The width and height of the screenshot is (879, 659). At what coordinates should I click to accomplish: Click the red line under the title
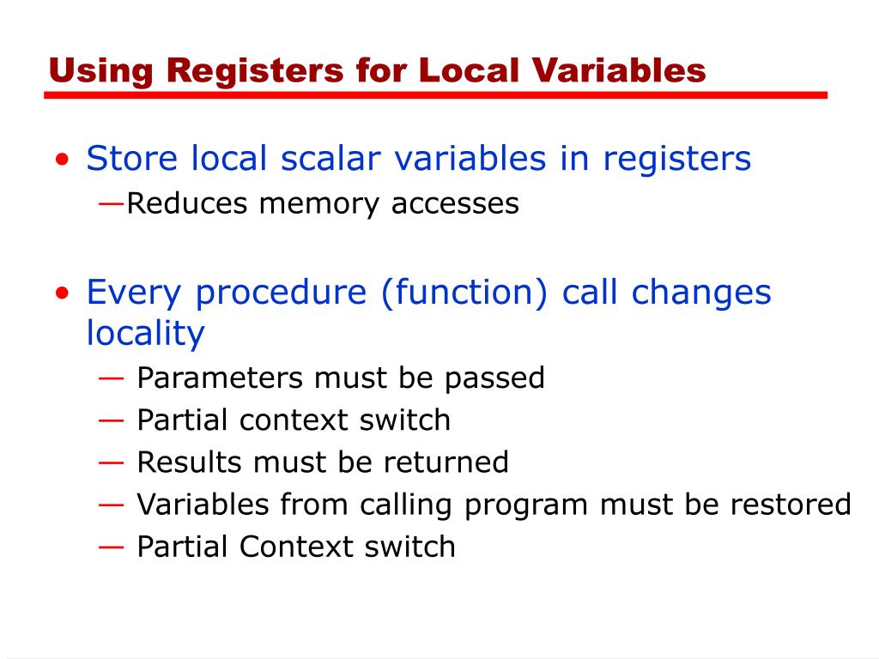[x=435, y=95]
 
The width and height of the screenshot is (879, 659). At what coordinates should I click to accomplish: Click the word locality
[x=145, y=334]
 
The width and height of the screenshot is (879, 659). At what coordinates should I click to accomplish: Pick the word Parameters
[x=220, y=378]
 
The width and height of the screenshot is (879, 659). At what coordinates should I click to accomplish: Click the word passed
[x=502, y=378]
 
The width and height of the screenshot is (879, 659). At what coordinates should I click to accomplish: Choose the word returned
[x=446, y=463]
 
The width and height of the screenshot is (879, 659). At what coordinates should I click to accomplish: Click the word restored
[x=791, y=505]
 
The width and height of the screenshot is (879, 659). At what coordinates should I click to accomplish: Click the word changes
[x=701, y=293]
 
